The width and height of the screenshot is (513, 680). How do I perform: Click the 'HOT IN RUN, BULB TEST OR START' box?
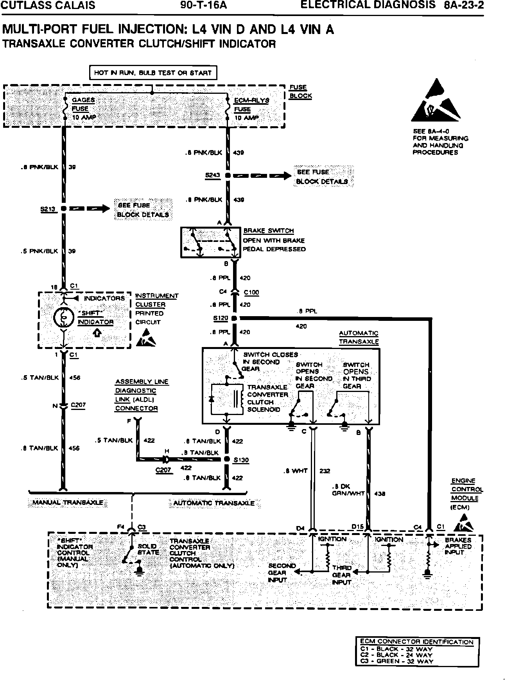coord(153,73)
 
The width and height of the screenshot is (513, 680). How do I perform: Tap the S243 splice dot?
coord(228,176)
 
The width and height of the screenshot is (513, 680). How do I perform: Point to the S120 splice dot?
coord(234,319)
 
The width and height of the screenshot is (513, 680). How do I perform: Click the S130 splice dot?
coord(226,460)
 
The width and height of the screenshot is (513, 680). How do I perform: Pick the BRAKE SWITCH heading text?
coord(268,231)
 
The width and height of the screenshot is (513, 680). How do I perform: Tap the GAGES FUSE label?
coord(83,104)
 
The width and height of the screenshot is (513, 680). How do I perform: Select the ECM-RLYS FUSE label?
coord(251,105)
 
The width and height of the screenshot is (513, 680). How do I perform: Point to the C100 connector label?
coord(251,292)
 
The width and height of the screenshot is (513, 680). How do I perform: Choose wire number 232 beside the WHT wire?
coord(325,471)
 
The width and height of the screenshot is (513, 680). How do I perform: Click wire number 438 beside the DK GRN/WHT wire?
coord(380,494)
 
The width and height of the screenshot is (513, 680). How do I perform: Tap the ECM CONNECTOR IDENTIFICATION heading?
coord(417,642)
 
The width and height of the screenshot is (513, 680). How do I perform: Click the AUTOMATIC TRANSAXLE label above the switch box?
coord(359,337)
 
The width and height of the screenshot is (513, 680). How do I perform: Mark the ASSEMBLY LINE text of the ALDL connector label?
coord(142,382)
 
